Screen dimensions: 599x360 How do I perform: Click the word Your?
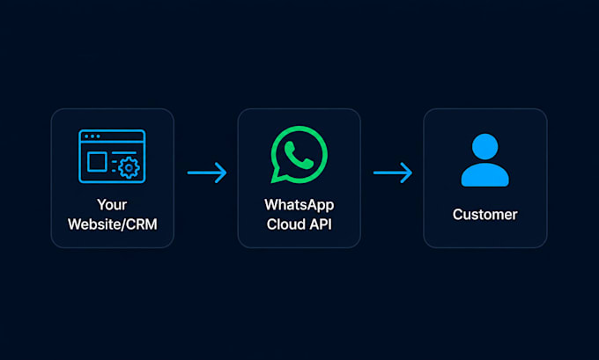(112, 205)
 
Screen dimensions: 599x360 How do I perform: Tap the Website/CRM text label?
(113, 224)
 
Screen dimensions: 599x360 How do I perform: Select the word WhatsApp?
(299, 205)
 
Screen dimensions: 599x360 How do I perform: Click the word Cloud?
(283, 224)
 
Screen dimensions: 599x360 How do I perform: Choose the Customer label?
(485, 215)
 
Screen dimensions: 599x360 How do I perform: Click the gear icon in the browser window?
(129, 167)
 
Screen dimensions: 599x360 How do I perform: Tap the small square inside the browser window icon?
(97, 162)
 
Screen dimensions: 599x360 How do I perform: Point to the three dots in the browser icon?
(92, 136)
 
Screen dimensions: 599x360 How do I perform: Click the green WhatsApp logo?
(299, 155)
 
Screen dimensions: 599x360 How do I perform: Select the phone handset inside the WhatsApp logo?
(299, 155)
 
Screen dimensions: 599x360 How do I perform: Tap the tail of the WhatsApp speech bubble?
(277, 177)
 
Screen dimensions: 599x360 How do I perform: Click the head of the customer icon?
(484, 147)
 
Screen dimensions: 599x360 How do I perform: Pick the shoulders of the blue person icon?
(484, 175)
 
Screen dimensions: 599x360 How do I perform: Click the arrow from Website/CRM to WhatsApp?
(207, 173)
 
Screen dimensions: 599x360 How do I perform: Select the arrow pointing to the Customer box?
(393, 173)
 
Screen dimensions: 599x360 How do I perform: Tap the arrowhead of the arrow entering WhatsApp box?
(222, 173)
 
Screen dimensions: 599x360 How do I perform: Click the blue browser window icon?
(112, 156)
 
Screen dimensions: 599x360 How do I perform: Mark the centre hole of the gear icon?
(129, 167)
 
